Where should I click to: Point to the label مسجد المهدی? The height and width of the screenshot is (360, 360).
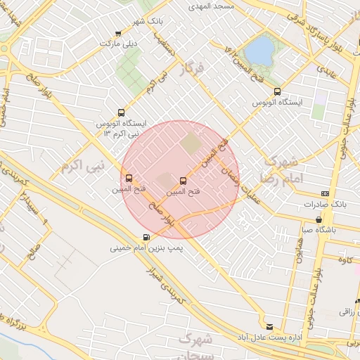click(210, 5)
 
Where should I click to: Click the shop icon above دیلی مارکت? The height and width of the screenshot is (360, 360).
click(117, 33)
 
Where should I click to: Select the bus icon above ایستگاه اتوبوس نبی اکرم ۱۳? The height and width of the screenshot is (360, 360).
click(121, 112)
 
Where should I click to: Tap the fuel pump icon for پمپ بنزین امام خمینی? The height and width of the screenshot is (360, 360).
click(146, 237)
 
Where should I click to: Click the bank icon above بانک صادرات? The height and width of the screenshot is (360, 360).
click(324, 193)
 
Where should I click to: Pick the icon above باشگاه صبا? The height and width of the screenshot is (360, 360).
click(319, 219)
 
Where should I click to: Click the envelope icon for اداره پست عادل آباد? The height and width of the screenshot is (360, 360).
click(269, 325)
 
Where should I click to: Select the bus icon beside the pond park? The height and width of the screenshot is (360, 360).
click(276, 91)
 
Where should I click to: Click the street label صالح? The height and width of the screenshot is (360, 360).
click(32, 253)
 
